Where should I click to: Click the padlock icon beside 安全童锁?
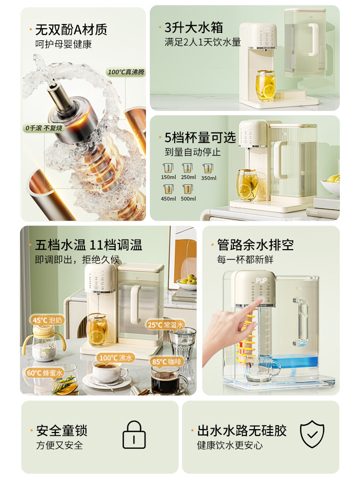click(134, 435)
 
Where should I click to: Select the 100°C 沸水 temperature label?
click(115, 358)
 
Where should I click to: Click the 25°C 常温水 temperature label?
click(165, 324)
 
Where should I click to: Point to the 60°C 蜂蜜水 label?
click(45, 372)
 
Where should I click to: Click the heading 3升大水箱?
click(194, 27)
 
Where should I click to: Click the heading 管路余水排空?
click(255, 245)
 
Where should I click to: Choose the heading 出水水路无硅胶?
click(241, 431)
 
